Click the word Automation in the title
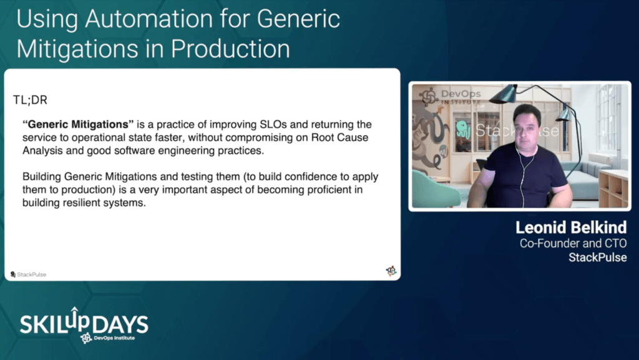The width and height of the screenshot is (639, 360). (149, 19)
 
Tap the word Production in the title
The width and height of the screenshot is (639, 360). (230, 49)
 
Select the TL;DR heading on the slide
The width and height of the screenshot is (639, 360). (30, 100)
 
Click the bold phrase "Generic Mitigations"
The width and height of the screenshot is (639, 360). (78, 124)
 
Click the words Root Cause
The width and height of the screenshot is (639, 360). (339, 137)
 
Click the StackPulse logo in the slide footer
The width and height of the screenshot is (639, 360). (28, 275)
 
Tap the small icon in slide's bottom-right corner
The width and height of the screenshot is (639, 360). (391, 271)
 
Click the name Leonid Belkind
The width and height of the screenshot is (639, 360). (571, 228)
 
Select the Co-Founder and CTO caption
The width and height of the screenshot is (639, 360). (573, 243)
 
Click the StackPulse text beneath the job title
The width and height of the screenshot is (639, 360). (598, 258)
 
